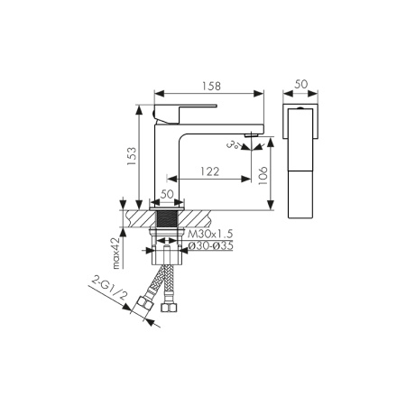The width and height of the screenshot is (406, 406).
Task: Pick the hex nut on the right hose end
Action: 167,310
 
